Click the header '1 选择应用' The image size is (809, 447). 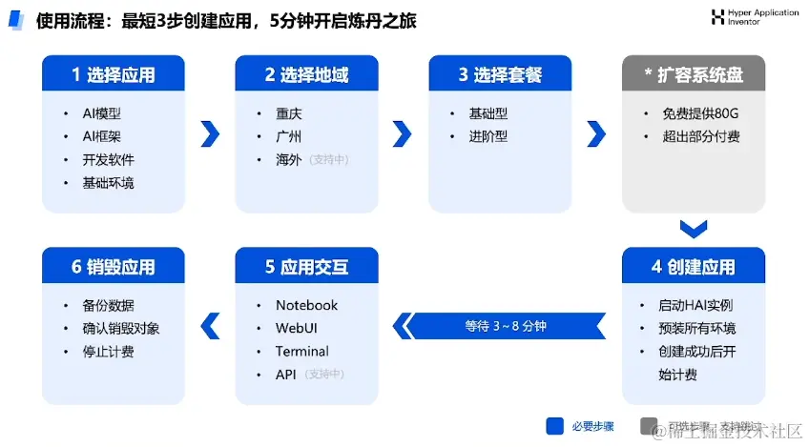114,74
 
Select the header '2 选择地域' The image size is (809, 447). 306,74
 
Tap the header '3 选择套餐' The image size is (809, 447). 500,74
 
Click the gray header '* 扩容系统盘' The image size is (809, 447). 694,74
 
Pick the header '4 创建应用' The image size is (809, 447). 694,267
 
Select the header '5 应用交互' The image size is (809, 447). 306,267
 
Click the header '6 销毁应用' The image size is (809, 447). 114,267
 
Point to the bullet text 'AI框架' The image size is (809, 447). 101,136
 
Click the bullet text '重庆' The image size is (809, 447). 289,113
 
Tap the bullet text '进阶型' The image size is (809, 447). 488,136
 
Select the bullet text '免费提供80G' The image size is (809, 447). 700,113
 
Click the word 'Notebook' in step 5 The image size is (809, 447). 306,305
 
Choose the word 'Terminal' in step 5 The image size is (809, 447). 301,351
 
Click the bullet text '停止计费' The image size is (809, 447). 108,351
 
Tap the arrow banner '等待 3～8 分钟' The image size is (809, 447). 506,326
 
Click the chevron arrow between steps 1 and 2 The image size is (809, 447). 210,133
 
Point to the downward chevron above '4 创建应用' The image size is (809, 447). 694,229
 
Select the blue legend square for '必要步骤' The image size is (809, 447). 555,426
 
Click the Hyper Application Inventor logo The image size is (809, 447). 718,16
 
